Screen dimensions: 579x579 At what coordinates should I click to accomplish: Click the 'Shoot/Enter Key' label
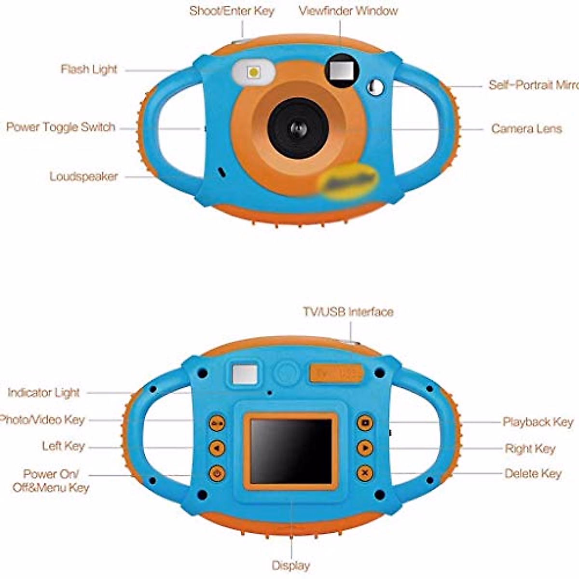coord(232,11)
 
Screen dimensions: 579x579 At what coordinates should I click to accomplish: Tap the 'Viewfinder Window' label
coord(348,11)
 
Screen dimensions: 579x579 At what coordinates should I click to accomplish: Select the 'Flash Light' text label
coord(89,69)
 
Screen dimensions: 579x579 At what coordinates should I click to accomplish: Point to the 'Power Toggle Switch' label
coord(61,127)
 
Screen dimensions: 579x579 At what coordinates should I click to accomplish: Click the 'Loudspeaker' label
coord(83,177)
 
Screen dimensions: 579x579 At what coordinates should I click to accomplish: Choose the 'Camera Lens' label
coord(526,129)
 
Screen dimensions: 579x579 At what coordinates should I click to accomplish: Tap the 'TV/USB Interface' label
coord(348,312)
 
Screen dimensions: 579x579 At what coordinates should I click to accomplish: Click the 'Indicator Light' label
coord(43,393)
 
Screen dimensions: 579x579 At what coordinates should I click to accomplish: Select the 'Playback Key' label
coord(538,422)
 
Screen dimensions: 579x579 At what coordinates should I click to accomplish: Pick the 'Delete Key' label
coord(533,474)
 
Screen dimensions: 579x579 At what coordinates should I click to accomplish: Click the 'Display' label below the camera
coord(290,565)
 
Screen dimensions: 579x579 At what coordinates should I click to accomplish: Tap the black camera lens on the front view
coord(298,128)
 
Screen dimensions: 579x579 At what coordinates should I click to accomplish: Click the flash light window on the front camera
coord(253,72)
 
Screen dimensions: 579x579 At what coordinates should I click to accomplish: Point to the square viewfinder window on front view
coord(342,70)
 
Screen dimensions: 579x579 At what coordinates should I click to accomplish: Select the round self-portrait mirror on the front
coord(375,87)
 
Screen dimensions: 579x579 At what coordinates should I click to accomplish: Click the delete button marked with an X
coord(365,473)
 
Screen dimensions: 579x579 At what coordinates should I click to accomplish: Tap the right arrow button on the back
coord(365,448)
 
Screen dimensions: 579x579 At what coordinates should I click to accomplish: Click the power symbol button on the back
coord(217,473)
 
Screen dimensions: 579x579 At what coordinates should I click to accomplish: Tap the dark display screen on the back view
coord(290,451)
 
